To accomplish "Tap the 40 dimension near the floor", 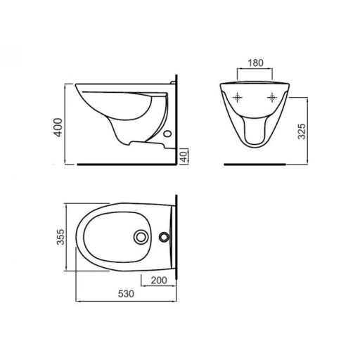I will (x=183, y=155).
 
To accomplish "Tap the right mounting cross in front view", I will (x=271, y=97).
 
